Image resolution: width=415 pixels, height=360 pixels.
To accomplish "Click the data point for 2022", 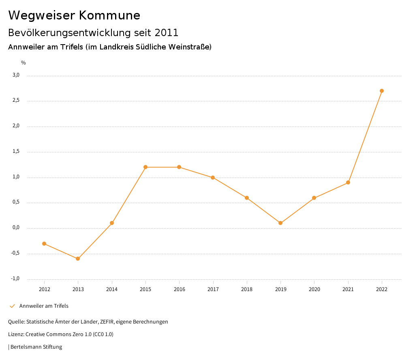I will [x=382, y=91].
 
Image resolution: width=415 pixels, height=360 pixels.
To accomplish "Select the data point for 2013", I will [x=78, y=259].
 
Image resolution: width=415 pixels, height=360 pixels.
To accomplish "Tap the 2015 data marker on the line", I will [x=145, y=167].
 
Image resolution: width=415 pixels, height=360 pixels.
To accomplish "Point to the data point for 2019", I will [x=280, y=223].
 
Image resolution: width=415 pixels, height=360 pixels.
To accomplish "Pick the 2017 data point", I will [x=213, y=178].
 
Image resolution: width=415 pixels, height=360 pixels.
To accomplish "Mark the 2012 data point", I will [x=44, y=244].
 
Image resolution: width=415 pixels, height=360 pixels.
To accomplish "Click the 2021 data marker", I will [x=348, y=182].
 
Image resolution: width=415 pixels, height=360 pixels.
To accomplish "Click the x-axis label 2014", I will [x=112, y=289].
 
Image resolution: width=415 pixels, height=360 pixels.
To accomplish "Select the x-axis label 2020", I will [x=314, y=289].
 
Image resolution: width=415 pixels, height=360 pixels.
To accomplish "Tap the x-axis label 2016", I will [x=180, y=289].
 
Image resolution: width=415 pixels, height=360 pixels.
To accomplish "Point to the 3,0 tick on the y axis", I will [x=16, y=75].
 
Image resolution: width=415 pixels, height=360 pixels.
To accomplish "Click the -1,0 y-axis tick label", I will [x=15, y=279].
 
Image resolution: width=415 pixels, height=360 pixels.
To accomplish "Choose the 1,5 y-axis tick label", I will [x=16, y=151].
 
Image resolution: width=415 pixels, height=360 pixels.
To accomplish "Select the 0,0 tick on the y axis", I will [x=16, y=227].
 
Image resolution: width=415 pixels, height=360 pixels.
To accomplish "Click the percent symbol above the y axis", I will [x=24, y=63].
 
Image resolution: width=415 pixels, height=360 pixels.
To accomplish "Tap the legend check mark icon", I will [x=12, y=306].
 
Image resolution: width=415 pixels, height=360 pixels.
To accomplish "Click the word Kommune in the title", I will [x=110, y=15].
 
